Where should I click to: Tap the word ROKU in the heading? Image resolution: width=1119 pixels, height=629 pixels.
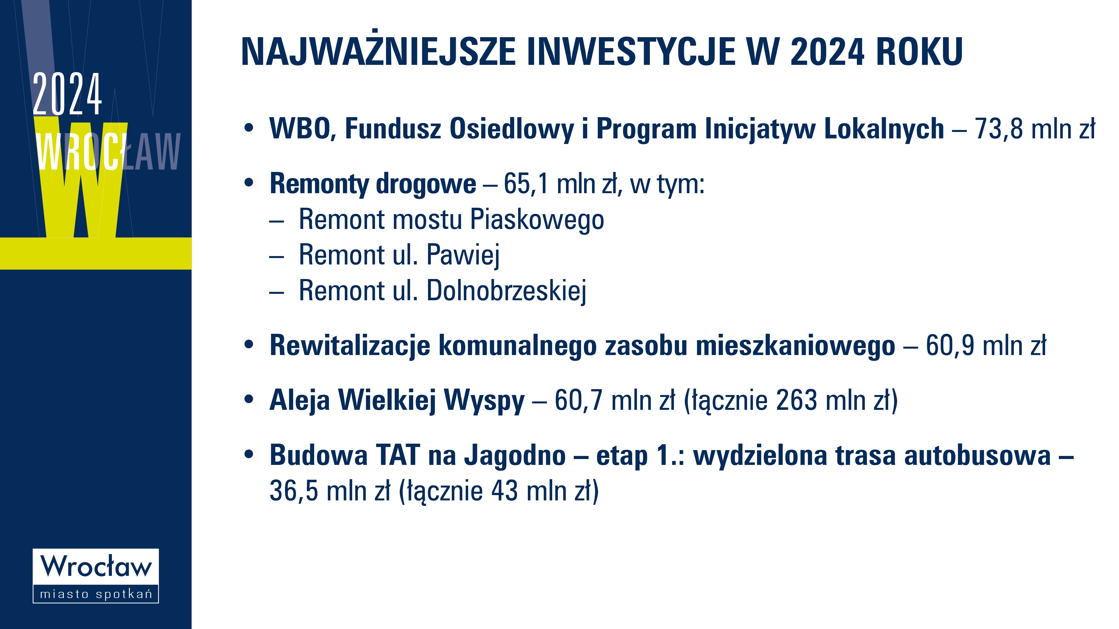coord(920,52)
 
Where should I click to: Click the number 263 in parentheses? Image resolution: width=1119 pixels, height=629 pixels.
coord(796,400)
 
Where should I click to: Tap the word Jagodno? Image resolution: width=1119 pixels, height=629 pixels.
coord(515,456)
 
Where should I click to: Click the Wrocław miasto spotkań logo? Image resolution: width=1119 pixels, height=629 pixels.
coord(96,576)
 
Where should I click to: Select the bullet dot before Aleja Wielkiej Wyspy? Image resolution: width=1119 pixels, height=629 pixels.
coord(248,399)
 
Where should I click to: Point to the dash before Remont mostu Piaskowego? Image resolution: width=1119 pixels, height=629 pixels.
coord(276,221)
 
